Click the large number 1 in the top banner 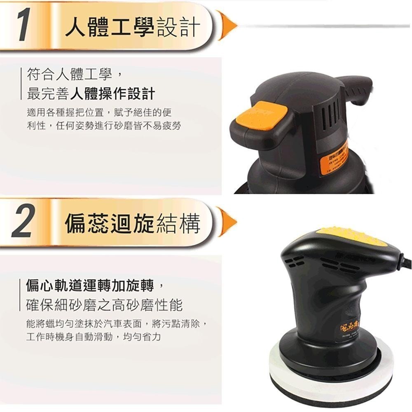(24, 27)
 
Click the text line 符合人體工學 (73, 75)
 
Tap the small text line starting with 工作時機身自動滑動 (93, 337)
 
